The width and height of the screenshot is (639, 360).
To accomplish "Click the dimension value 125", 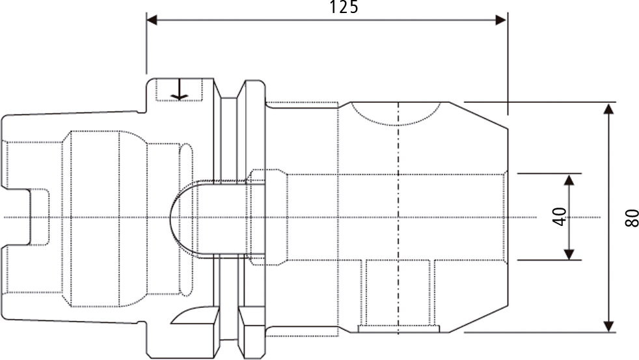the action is point(344,7).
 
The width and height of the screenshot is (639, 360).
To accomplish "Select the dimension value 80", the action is point(631,217).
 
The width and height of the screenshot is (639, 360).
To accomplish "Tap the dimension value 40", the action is point(560,217).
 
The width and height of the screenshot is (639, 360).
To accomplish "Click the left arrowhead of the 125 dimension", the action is point(152,20).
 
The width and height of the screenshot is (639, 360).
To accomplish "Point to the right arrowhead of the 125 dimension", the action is point(501,20).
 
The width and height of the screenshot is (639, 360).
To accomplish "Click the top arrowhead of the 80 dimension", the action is point(608,109).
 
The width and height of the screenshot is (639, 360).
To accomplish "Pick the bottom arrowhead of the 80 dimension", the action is point(608,326).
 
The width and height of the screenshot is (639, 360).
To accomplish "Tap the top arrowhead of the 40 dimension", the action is point(569,180).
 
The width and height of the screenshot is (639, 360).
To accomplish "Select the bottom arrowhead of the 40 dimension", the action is point(569,254).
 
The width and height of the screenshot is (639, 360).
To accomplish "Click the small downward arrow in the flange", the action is point(180,89).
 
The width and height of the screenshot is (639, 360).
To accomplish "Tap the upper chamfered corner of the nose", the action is point(478,115).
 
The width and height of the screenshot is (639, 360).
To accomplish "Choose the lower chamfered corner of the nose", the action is point(478,319).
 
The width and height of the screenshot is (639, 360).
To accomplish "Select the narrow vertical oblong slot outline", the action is point(186,219).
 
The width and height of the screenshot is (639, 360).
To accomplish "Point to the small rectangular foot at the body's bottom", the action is point(398,329).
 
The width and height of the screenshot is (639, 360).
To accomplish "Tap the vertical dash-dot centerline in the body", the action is point(398,218).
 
